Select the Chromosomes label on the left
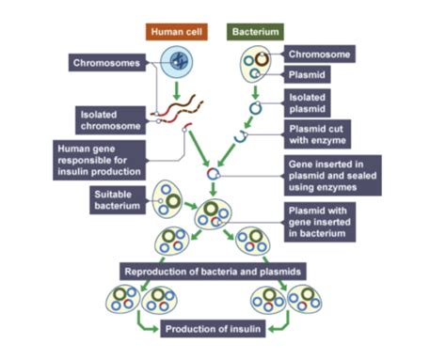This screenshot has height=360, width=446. [x=106, y=63]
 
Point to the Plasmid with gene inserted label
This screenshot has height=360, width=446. [x=330, y=221]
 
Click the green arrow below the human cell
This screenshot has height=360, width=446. [x=179, y=90]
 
